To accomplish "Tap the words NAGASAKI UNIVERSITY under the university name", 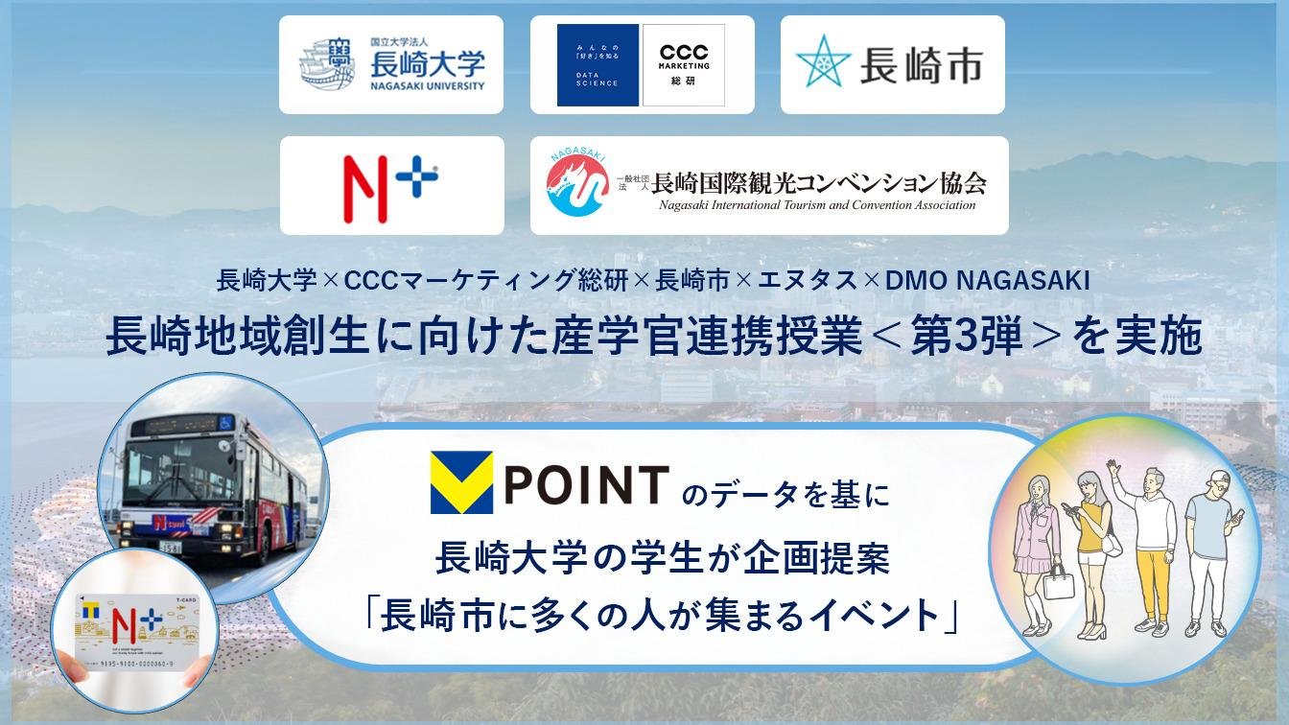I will pos(428,85).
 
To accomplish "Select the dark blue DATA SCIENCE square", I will pos(598,65).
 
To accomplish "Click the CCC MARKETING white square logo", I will pos(684,65).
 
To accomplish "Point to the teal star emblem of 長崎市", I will pos(823,63).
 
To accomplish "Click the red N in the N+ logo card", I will pos(365,187).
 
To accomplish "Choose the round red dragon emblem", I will pos(577,185).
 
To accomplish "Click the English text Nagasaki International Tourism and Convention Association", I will pos(816,205).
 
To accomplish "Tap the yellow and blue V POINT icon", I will pos(461,483).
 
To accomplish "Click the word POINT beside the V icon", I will pos(585,484).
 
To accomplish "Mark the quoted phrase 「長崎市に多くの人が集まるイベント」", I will pos(663,615).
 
